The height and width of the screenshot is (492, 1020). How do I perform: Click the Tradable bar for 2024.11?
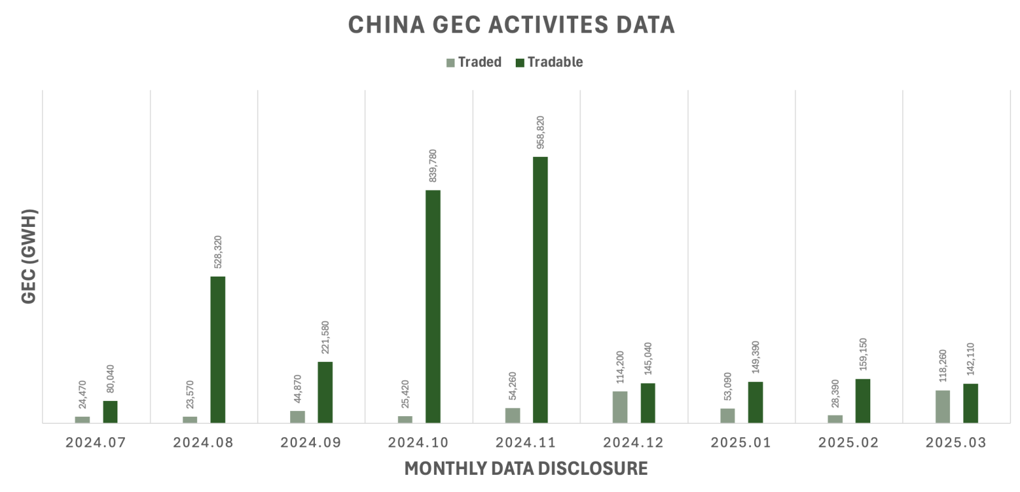540,289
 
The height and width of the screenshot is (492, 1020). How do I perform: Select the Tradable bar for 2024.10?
433,306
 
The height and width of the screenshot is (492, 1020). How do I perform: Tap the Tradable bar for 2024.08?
217,349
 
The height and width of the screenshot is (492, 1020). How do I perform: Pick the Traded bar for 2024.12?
620,407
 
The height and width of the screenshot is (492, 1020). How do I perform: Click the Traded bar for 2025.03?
942,406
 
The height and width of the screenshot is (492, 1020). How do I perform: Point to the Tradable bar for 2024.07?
110,412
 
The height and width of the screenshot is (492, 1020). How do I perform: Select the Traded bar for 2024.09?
297,416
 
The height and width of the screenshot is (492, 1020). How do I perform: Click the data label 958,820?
541,133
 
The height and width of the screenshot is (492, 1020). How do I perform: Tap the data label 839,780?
433,166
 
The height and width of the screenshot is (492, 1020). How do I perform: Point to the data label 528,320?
218,252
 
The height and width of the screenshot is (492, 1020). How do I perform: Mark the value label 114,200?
620,367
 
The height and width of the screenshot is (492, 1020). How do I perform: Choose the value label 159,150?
863,354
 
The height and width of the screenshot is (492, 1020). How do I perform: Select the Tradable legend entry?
549,62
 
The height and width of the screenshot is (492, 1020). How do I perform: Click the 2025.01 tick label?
741,442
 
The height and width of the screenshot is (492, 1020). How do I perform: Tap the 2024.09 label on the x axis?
310,442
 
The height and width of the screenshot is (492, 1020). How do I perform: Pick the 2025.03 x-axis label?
956,442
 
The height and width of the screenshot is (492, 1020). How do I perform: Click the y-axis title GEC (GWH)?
29,256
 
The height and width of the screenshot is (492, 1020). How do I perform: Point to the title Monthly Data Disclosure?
526,469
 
